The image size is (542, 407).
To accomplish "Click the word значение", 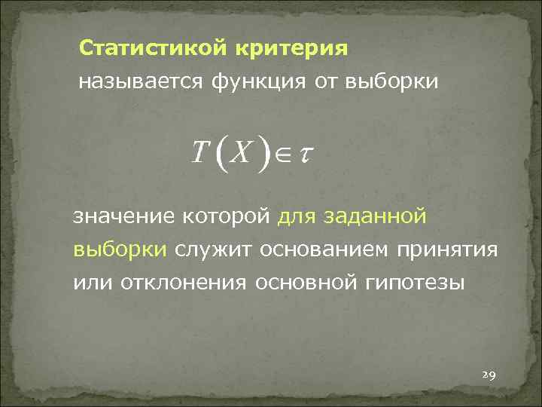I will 124,217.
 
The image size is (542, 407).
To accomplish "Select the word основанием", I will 327,249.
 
